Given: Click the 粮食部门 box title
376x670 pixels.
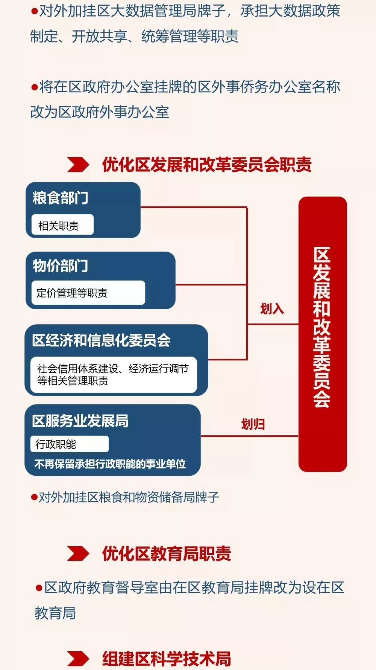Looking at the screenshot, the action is [x=61, y=198].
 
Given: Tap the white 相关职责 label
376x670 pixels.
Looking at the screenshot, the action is [x=62, y=225].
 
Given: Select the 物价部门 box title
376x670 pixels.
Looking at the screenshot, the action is [x=61, y=266].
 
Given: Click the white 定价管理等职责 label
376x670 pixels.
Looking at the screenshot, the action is [x=88, y=293].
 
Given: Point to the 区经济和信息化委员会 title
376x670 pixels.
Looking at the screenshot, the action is [x=102, y=340].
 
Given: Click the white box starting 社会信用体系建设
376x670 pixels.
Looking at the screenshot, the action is [x=114, y=375].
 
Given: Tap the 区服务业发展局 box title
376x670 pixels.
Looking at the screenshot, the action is [x=80, y=421].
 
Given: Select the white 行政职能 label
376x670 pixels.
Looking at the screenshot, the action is [x=70, y=444].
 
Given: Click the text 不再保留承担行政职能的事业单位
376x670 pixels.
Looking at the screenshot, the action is [x=110, y=464].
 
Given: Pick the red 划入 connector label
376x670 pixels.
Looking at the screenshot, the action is [x=272, y=309].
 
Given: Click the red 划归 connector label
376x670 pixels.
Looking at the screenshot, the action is [x=253, y=424].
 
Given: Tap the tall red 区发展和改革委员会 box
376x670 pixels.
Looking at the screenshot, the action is [x=323, y=334].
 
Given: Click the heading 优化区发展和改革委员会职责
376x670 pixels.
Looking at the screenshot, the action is [x=207, y=165].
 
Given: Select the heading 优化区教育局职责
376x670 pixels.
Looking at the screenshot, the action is [x=167, y=554].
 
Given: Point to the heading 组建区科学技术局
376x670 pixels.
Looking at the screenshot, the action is [x=167, y=659].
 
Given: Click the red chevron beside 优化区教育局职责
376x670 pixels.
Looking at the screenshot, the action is [x=78, y=554].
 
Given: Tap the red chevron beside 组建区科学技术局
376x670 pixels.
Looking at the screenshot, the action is [x=78, y=659].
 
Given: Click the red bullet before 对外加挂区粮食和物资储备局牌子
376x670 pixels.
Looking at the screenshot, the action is [x=34, y=498].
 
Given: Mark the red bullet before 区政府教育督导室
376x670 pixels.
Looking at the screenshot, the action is [x=39, y=588].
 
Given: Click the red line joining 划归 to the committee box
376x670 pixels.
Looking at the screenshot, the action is [x=250, y=436].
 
